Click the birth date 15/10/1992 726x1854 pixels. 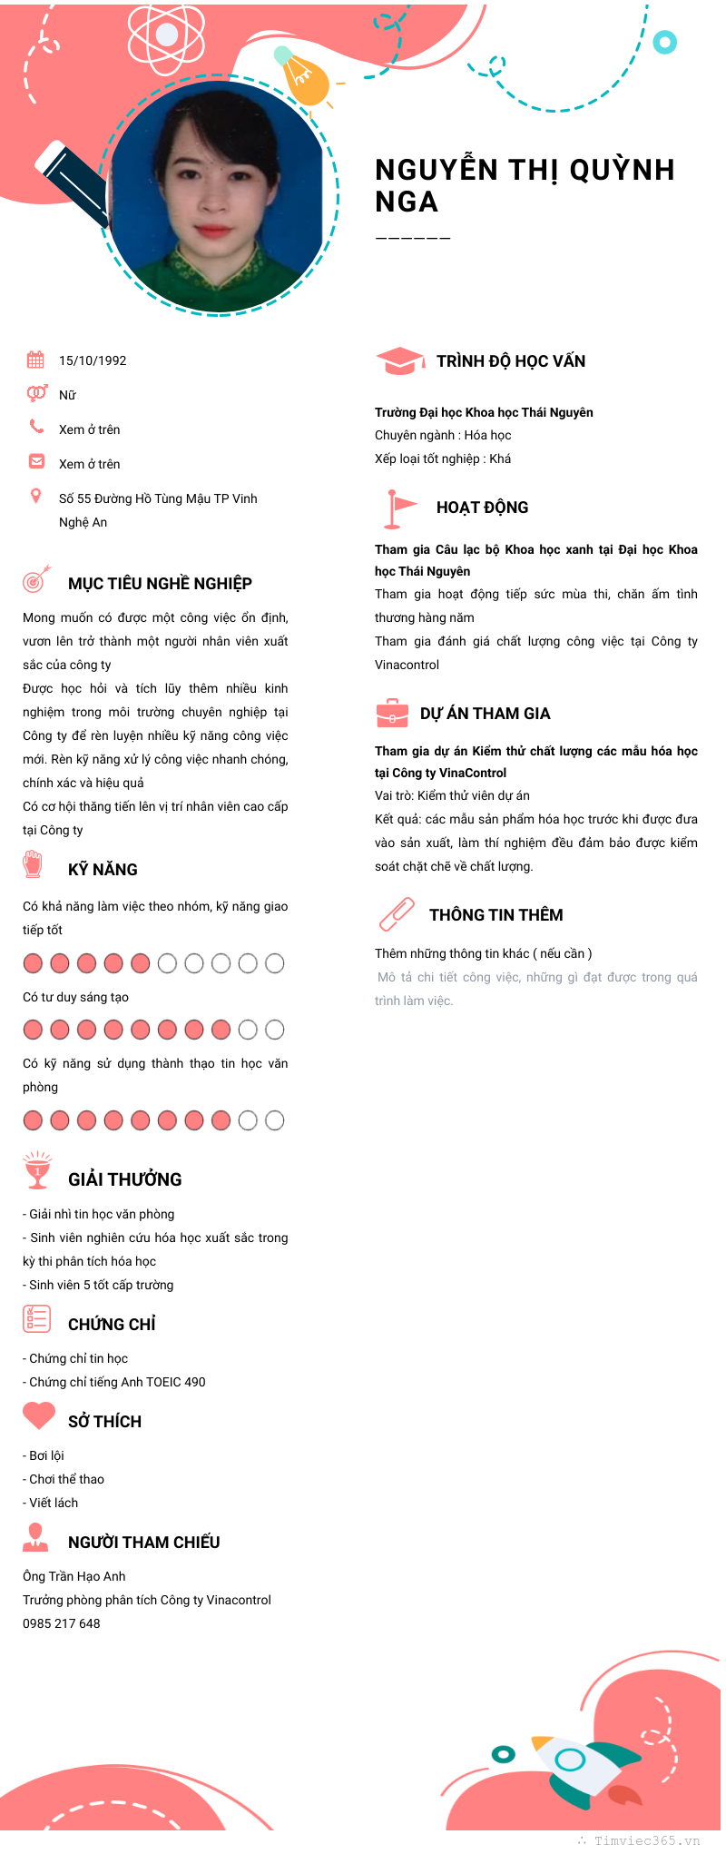[93, 360]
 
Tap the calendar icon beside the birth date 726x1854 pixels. [35, 360]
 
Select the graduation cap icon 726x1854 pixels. [399, 360]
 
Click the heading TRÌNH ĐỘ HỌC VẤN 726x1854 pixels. [511, 361]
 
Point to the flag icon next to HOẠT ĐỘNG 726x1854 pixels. [397, 508]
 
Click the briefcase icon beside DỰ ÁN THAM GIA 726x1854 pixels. [392, 714]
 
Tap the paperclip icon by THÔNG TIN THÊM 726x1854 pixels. [397, 914]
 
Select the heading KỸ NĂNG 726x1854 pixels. [103, 870]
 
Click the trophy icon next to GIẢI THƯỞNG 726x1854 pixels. [37, 1171]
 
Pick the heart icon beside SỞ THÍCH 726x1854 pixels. [38, 1415]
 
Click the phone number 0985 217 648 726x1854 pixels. [62, 1623]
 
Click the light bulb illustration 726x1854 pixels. [303, 76]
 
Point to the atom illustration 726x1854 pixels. [167, 35]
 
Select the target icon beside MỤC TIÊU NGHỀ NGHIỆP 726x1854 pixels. [35, 579]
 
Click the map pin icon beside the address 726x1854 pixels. [36, 496]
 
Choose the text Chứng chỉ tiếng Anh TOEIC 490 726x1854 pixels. [117, 1382]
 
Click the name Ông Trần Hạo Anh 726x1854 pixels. [74, 1576]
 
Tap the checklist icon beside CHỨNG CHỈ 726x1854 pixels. [36, 1318]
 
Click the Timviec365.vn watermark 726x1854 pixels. [646, 1840]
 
